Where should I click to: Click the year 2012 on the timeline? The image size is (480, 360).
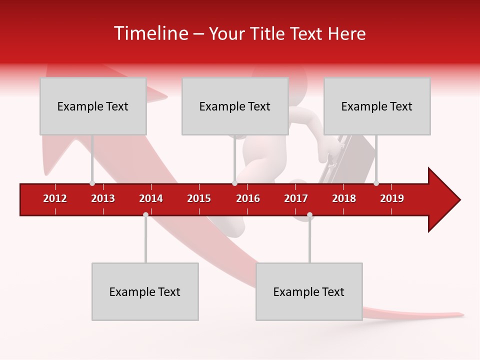(55, 198)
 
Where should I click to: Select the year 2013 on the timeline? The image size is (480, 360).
(103, 198)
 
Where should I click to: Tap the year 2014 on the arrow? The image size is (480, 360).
(151, 198)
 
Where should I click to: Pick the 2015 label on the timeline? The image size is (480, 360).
(199, 198)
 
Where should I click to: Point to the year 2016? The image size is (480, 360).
(248, 198)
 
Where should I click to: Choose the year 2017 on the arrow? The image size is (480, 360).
(296, 198)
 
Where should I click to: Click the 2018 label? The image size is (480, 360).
(344, 198)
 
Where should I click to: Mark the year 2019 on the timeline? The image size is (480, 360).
(392, 198)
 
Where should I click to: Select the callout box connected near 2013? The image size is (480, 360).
(93, 106)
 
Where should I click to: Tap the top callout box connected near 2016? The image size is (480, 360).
(235, 106)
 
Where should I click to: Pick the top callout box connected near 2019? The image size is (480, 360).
(377, 106)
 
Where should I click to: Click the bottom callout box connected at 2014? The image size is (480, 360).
(145, 291)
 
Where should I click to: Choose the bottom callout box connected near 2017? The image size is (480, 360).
(309, 291)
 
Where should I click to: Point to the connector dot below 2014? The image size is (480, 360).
(145, 215)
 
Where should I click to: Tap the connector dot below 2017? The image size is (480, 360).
(309, 215)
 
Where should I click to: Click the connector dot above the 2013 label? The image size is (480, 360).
(92, 183)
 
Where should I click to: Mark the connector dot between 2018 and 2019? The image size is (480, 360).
(376, 183)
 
